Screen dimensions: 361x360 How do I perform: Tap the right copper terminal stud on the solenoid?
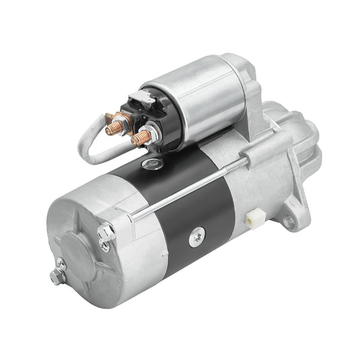point(140,138)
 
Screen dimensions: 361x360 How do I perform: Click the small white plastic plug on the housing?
point(254,218)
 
